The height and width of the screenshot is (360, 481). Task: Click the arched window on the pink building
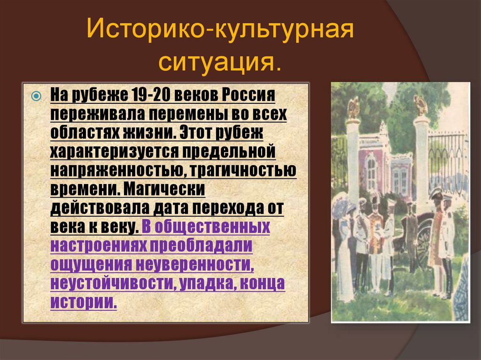[x=371, y=171]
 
